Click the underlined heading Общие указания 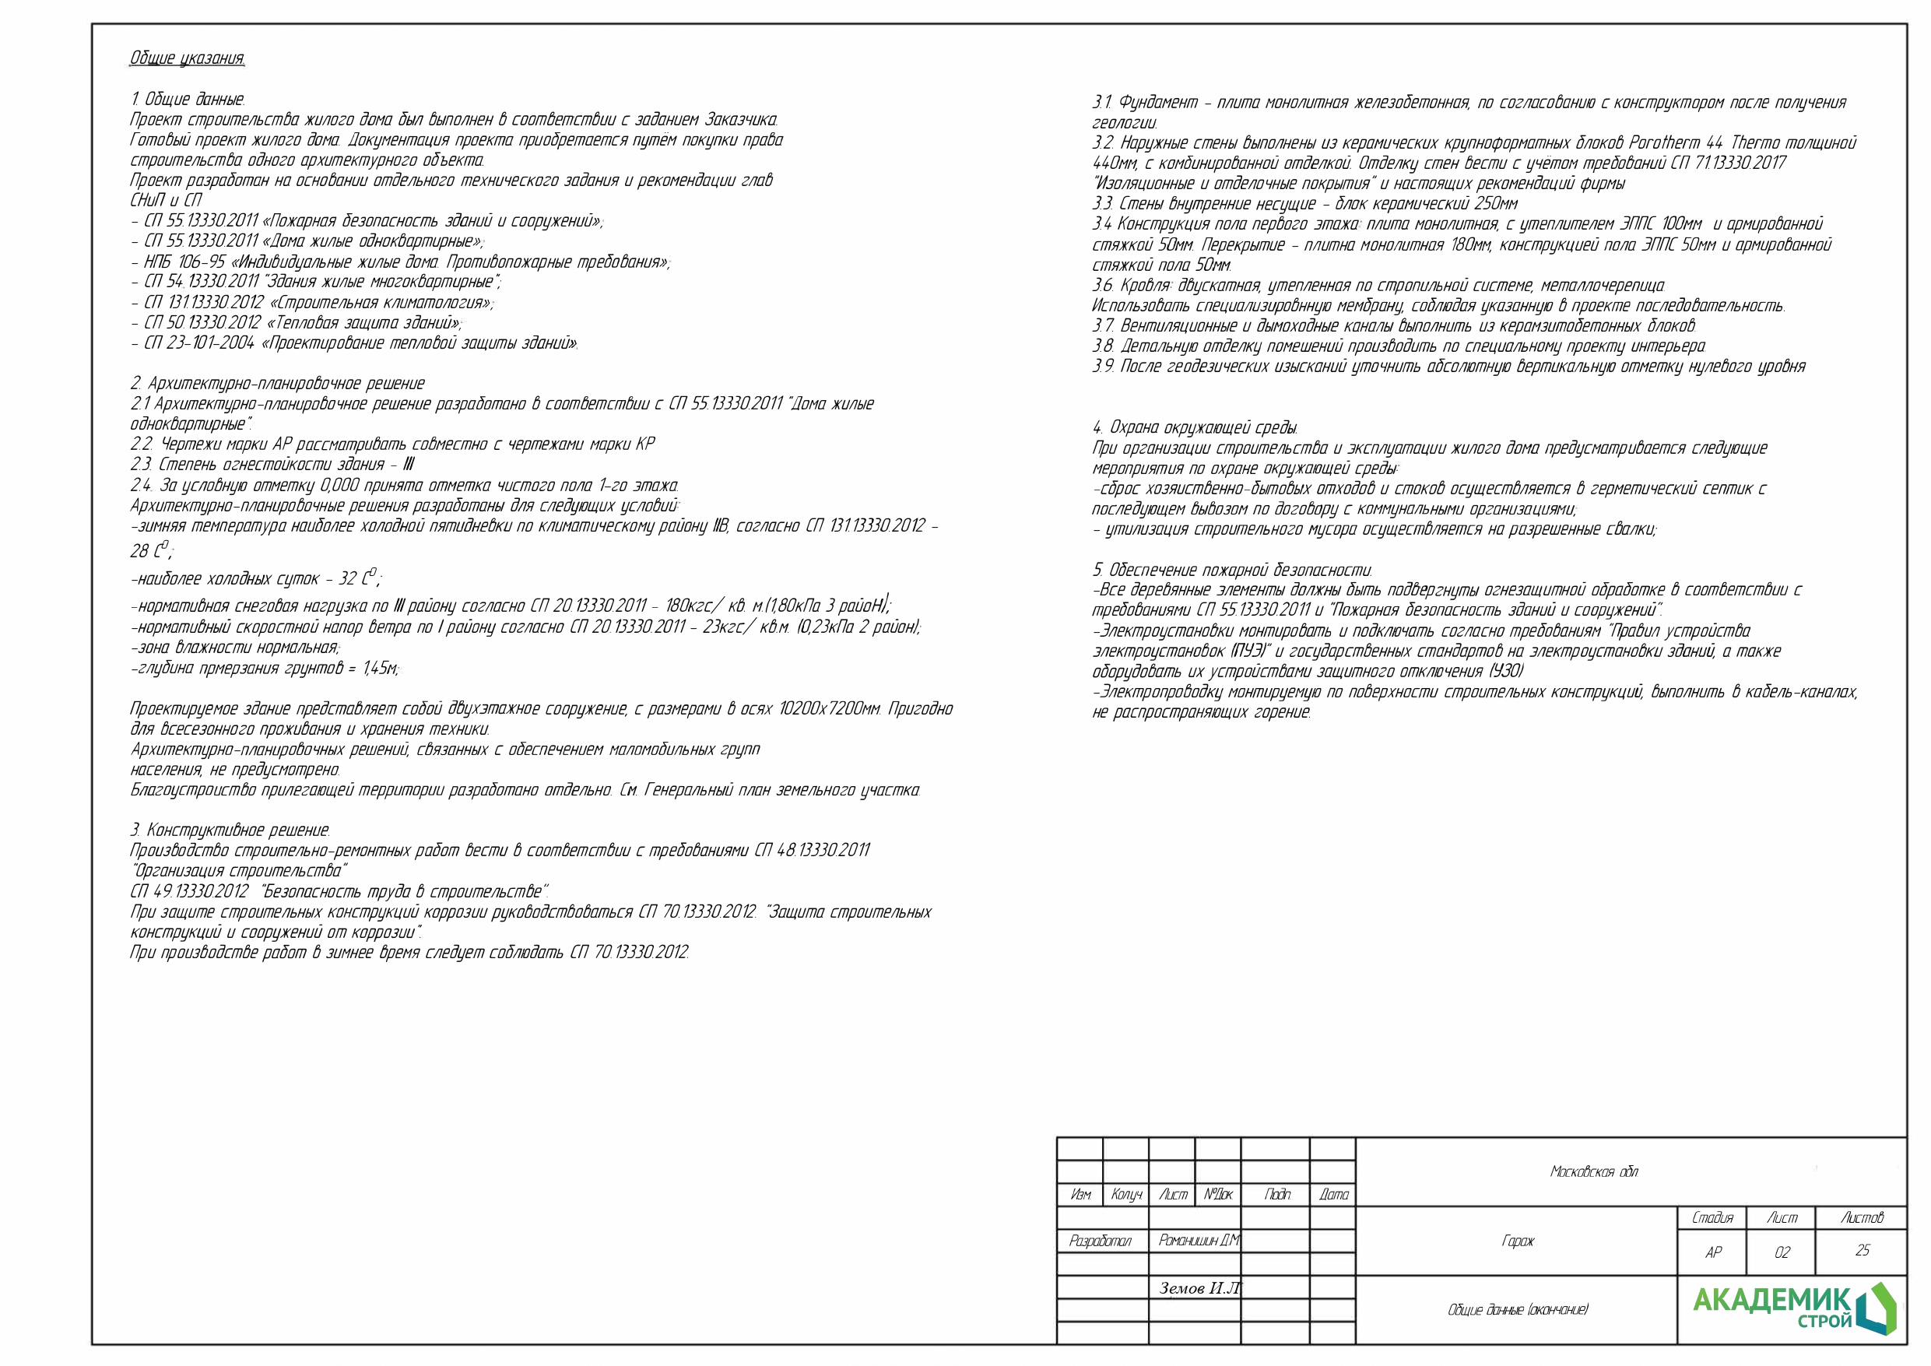coord(187,58)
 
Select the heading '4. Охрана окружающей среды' coord(1194,427)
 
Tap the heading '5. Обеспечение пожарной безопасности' coord(1232,570)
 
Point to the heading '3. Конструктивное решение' coord(230,830)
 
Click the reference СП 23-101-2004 coord(199,343)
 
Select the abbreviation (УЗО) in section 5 coord(1505,671)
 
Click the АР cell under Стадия coord(1712,1252)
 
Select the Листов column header coord(1862,1217)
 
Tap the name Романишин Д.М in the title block coord(1198,1241)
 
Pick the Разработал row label coord(1100,1241)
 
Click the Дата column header coord(1333,1195)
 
